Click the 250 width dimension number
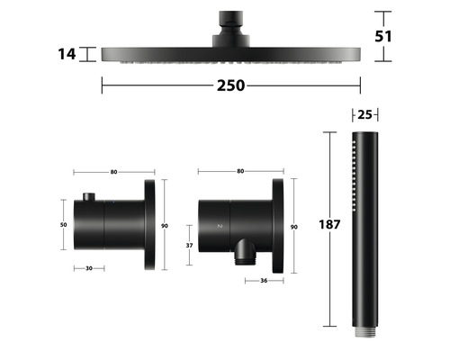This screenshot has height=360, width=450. [x=229, y=86]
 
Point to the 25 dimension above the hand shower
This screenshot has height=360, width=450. [x=364, y=114]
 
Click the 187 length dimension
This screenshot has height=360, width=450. [x=329, y=225]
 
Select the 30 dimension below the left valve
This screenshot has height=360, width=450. [x=88, y=267]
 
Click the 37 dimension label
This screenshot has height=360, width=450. [x=188, y=245]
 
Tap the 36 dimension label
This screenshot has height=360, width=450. [x=263, y=280]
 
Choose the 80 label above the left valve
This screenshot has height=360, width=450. [x=114, y=171]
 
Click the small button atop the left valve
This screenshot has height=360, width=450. [x=88, y=197]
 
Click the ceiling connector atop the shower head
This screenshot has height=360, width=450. [x=230, y=23]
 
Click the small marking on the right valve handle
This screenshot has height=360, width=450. [x=218, y=226]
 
